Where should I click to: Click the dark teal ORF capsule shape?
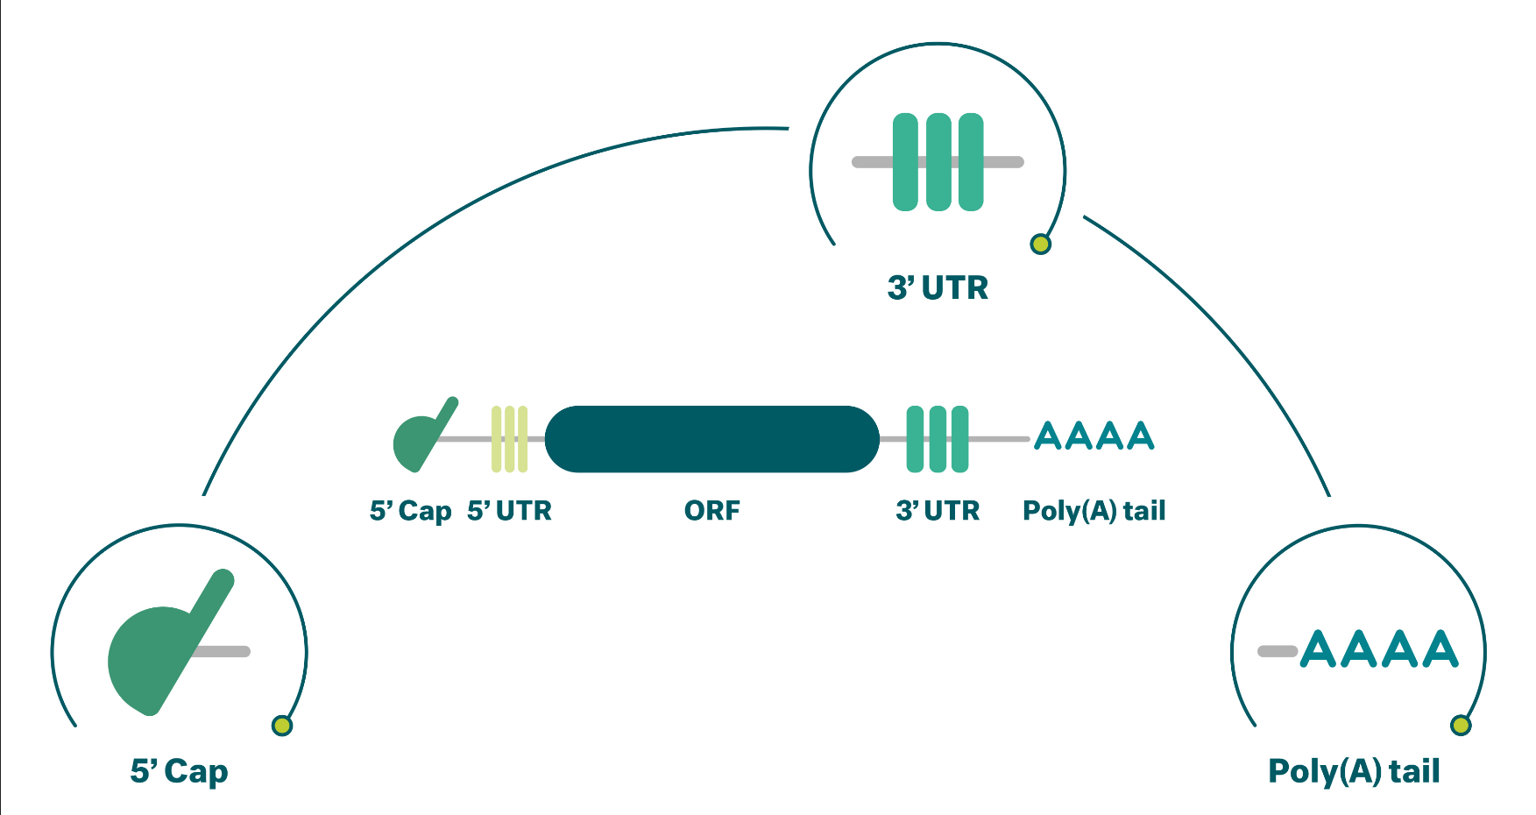click(x=711, y=439)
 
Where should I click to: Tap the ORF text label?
click(x=711, y=510)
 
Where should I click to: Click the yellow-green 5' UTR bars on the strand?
click(x=509, y=439)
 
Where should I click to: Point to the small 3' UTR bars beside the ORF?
click(x=938, y=439)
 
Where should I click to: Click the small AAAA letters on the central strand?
click(x=1094, y=436)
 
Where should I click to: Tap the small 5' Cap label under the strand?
click(x=410, y=511)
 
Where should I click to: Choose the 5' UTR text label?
click(x=509, y=510)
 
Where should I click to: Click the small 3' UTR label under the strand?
click(x=938, y=510)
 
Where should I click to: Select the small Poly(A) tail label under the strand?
click(x=1094, y=511)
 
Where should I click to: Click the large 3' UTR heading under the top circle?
click(x=938, y=287)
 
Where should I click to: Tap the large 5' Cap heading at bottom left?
click(x=179, y=772)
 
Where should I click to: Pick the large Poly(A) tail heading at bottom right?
click(x=1354, y=772)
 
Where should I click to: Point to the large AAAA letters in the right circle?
click(x=1379, y=649)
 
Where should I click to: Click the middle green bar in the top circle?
click(x=938, y=162)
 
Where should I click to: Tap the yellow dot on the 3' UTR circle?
click(x=1040, y=244)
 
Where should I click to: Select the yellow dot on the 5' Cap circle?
click(x=282, y=726)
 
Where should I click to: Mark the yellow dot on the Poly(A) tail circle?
click(x=1461, y=726)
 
